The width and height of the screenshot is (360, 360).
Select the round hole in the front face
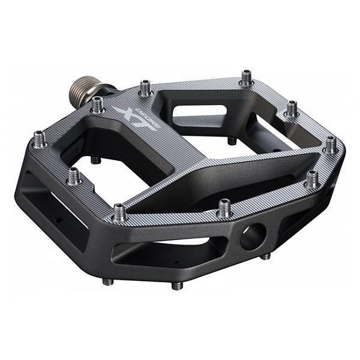(252, 235)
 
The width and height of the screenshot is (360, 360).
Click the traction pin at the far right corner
(331, 144)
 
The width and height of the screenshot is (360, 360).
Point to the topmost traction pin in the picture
(246, 77)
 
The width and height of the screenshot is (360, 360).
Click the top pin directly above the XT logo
(145, 88)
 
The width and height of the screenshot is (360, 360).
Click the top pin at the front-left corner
(119, 212)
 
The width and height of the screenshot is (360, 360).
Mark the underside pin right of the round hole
(265, 256)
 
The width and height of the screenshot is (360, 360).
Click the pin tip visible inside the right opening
(232, 141)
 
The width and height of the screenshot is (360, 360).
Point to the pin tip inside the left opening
(95, 160)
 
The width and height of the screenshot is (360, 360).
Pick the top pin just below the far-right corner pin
(312, 178)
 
